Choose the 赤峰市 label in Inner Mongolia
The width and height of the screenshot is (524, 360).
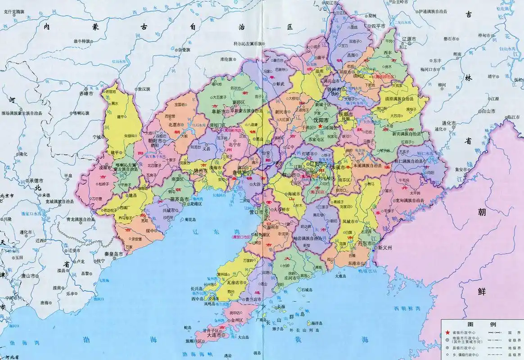86,94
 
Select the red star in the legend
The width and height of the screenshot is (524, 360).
447,332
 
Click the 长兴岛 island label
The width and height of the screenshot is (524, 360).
198,289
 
